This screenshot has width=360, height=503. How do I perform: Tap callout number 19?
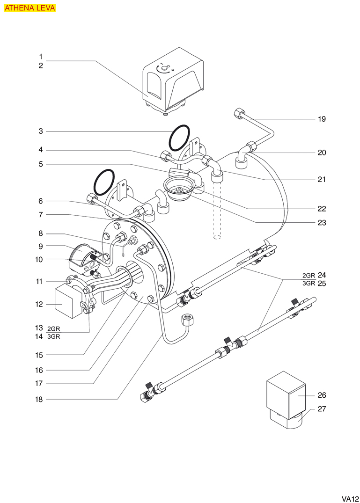tap(322, 119)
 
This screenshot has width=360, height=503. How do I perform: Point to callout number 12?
tap(41, 304)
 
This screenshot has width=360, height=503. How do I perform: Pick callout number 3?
tap(41, 131)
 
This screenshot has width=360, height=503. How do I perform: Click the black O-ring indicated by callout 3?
tap(179, 138)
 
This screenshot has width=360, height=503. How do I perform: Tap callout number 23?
tap(322, 223)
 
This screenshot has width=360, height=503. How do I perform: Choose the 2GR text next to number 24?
tap(309, 275)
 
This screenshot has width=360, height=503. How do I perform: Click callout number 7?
tap(41, 215)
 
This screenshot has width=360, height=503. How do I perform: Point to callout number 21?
tap(322, 180)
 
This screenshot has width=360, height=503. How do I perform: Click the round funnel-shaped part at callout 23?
tap(178, 188)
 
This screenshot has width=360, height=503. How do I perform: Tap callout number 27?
tap(322, 409)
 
